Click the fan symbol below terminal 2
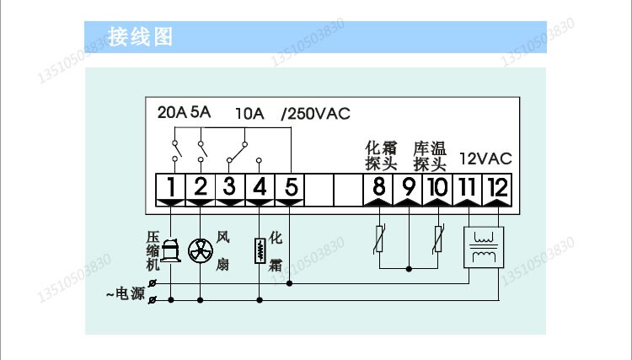pos(201,250)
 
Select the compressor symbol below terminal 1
pos(171,250)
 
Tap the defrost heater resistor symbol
pos(260,250)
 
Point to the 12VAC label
pos(485,158)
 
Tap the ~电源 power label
pos(125,293)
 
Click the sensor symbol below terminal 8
pos(379,239)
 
